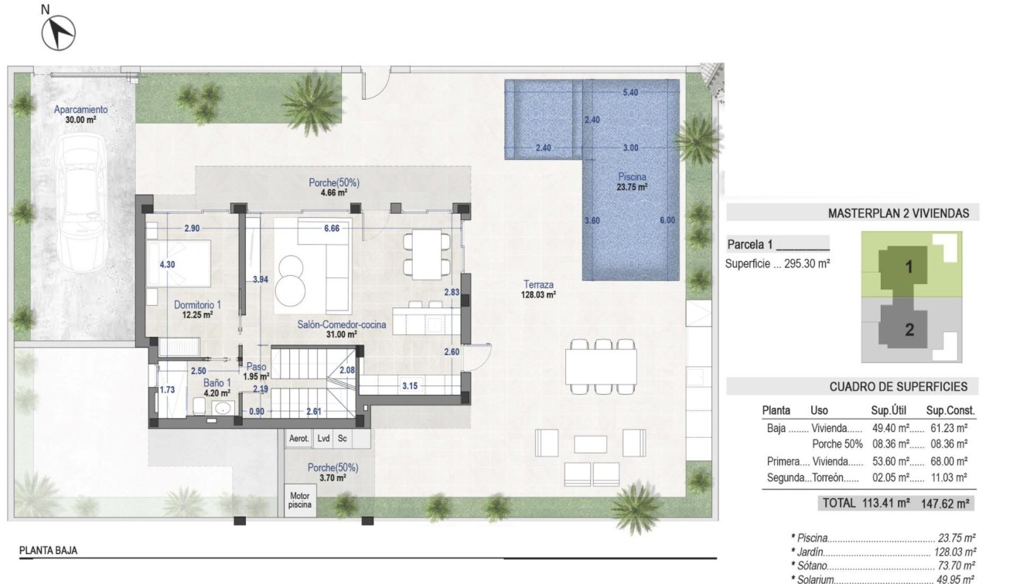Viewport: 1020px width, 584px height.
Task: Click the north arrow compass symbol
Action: click(60, 32)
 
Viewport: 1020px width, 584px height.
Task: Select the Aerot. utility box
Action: click(298, 439)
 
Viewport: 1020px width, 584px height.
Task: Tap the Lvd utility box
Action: click(323, 439)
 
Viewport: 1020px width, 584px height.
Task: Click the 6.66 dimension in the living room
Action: click(332, 228)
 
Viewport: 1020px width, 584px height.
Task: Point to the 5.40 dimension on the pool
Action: click(630, 92)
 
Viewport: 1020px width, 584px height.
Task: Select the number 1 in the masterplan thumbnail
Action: click(909, 267)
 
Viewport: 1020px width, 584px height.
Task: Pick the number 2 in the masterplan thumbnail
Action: click(909, 330)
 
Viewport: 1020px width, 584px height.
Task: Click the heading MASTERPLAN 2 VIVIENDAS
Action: click(898, 213)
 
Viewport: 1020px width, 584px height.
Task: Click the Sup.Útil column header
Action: click(888, 411)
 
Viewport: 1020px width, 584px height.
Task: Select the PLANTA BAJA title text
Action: click(48, 552)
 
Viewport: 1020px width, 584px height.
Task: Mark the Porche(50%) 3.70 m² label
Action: click(333, 472)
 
